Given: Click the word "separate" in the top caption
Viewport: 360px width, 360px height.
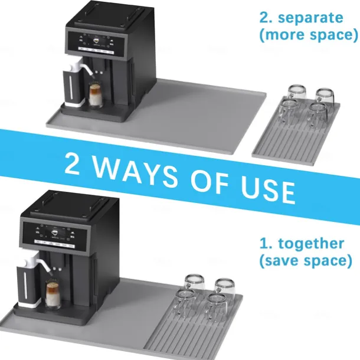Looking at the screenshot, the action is [x=310, y=18].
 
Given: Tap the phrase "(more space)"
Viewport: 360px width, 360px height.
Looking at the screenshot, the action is [x=309, y=35].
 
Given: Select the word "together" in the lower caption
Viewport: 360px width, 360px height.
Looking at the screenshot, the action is [x=312, y=244].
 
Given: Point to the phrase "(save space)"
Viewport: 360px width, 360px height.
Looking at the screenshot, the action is [x=306, y=261].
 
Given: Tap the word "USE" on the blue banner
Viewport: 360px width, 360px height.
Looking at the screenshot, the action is [x=268, y=191].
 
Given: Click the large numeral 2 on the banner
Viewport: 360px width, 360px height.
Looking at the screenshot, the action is [x=73, y=163].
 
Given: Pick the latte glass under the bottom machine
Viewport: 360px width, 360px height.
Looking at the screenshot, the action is [x=53, y=294].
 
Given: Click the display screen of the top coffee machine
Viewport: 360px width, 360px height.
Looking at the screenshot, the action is [x=97, y=41].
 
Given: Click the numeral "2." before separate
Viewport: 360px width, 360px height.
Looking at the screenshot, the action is [x=266, y=18].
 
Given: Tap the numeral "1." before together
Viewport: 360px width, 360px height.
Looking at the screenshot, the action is [x=266, y=243].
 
